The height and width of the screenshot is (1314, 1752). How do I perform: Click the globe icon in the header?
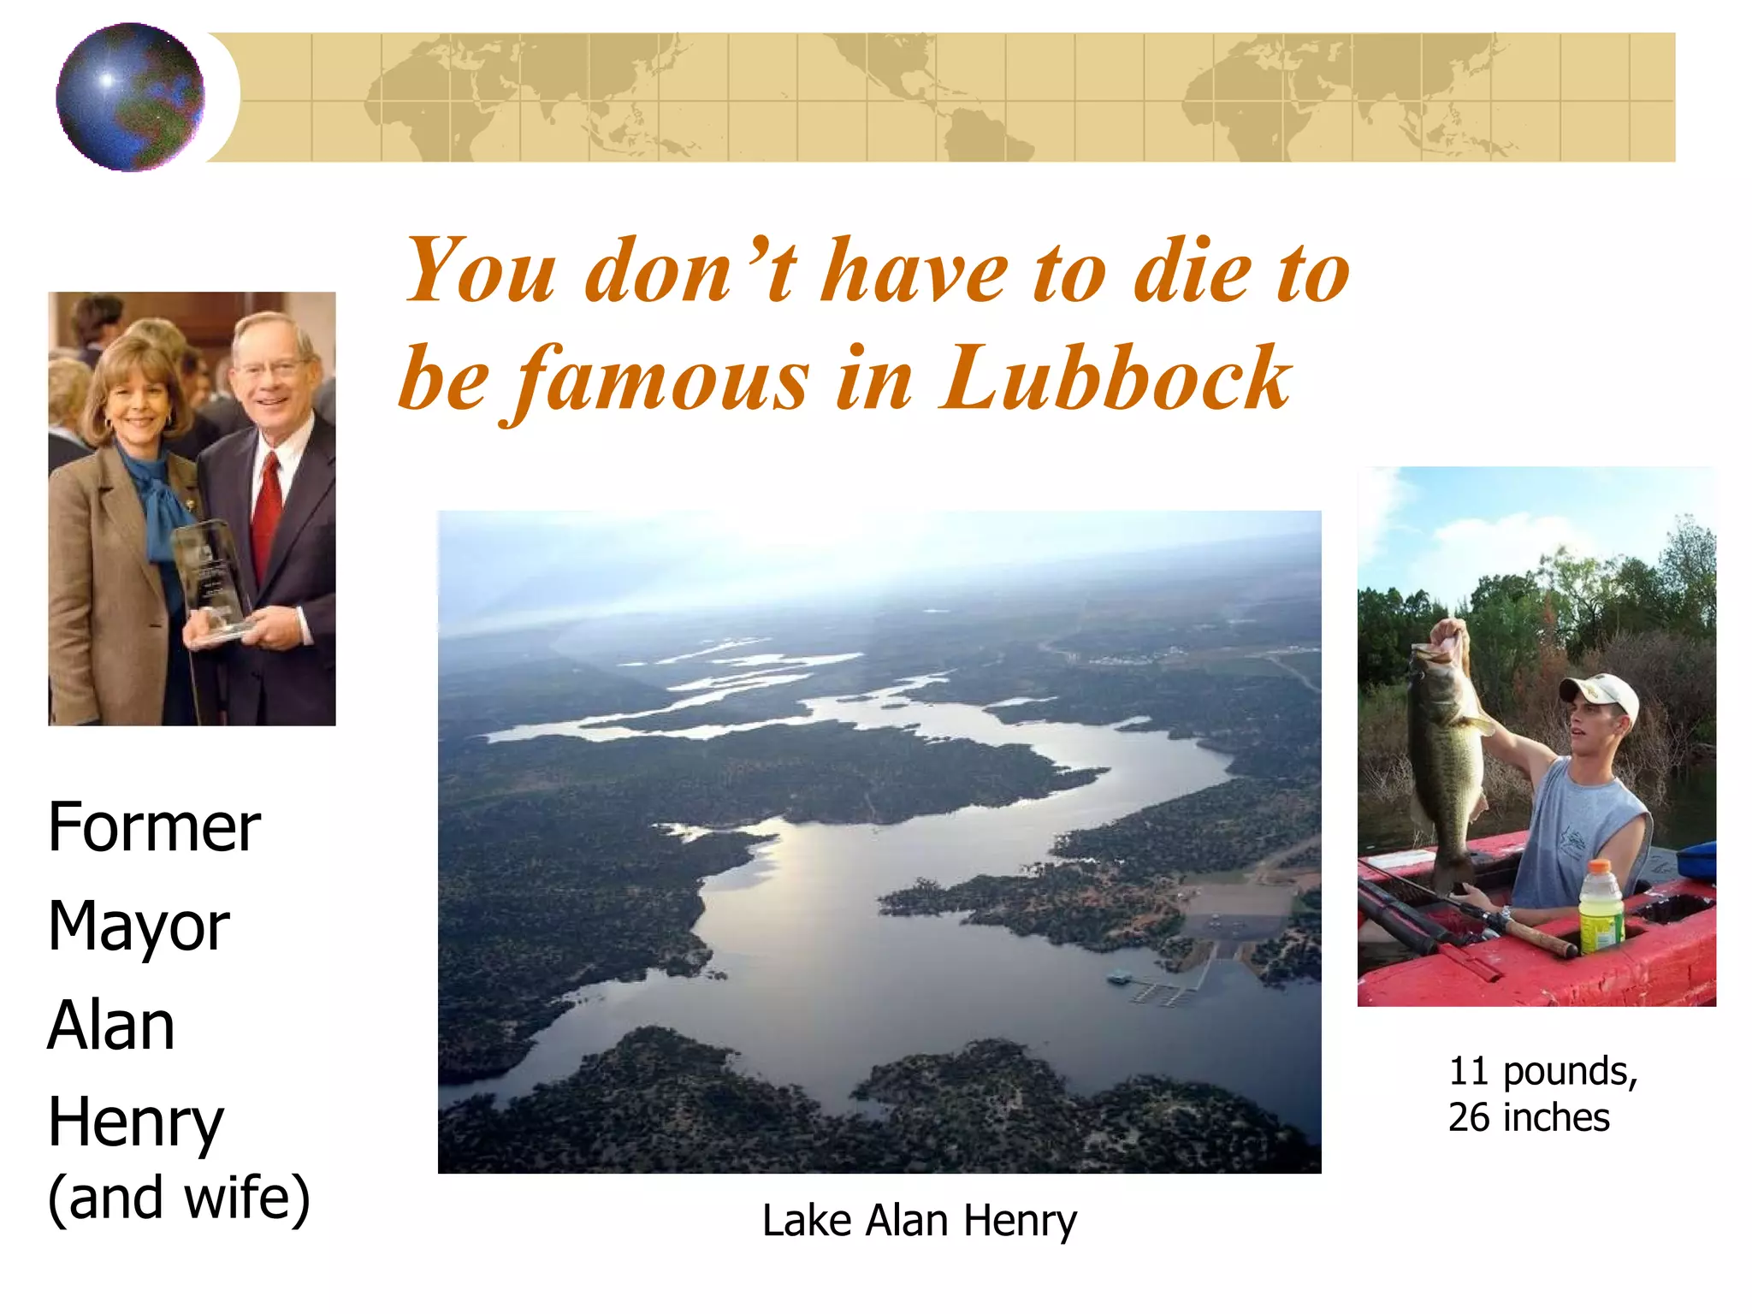(x=130, y=97)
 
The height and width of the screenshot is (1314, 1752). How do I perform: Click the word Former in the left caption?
(x=154, y=827)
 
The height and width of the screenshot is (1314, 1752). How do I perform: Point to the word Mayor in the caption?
(x=139, y=926)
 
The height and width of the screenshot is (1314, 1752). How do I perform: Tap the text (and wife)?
(x=179, y=1197)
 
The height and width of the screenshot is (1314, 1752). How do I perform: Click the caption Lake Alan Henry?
(x=919, y=1220)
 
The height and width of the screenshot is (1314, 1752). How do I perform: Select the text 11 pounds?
(x=1542, y=1071)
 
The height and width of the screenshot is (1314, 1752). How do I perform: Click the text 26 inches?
(x=1529, y=1117)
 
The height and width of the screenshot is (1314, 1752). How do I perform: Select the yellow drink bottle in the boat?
(x=1601, y=907)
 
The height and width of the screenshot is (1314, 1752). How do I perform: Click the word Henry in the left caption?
(x=135, y=1122)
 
